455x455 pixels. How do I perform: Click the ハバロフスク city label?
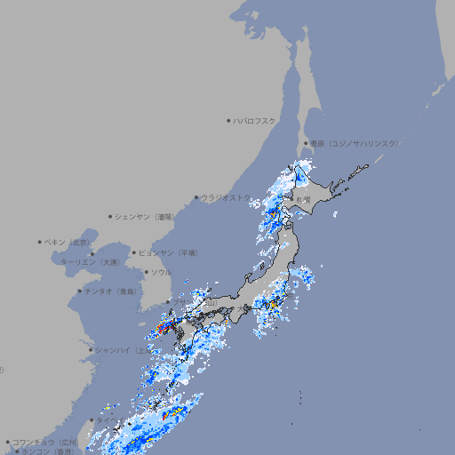(255, 120)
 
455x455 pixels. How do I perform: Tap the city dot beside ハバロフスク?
(228, 120)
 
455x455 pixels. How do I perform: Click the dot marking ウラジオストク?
(196, 197)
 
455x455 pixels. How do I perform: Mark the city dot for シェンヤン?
(111, 216)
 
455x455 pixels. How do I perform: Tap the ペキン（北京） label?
(68, 242)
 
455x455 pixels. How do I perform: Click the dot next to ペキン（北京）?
(40, 242)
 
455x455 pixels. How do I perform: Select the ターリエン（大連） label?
(89, 262)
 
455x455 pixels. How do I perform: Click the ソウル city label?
(162, 272)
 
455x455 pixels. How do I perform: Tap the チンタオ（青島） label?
(111, 291)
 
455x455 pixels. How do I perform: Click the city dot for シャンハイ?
(91, 350)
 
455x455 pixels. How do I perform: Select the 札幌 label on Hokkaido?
(304, 200)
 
